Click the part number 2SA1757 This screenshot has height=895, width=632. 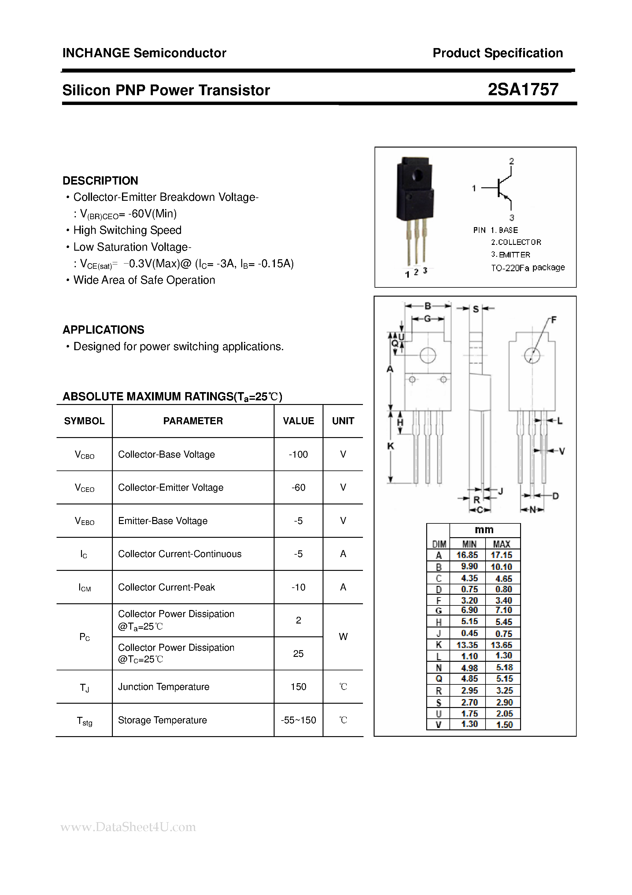(x=523, y=90)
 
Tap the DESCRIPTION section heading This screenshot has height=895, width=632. (x=100, y=181)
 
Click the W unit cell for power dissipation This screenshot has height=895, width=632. (x=343, y=637)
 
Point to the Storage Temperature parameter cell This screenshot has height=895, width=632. (x=162, y=720)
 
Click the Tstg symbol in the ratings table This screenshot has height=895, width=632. (x=84, y=721)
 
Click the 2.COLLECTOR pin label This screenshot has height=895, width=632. (x=516, y=242)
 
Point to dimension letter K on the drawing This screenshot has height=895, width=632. (x=390, y=446)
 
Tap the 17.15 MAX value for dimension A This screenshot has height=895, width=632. (x=501, y=555)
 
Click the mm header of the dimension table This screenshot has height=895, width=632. (x=484, y=530)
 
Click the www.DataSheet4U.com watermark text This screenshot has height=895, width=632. (x=128, y=827)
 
